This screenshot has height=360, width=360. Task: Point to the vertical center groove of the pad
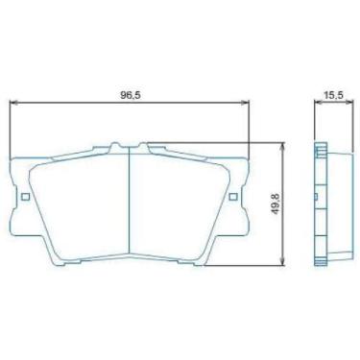130,206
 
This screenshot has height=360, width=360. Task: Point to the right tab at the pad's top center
145,147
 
